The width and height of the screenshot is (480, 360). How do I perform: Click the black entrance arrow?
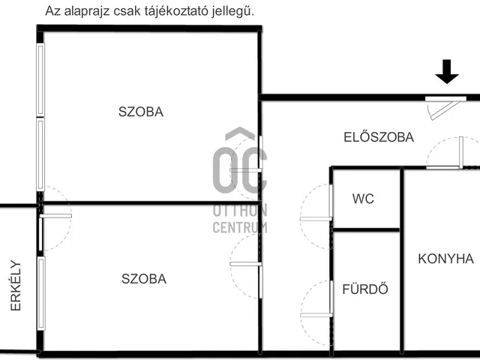[447, 73]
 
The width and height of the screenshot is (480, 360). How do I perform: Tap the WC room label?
[363, 199]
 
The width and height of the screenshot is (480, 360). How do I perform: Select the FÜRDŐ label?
[364, 289]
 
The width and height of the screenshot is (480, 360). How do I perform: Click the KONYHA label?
[445, 259]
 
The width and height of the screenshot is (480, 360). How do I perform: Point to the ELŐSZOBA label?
[378, 137]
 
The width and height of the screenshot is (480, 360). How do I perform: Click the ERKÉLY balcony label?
[16, 286]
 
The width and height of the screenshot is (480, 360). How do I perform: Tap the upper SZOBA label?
[140, 112]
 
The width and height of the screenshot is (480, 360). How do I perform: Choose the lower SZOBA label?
[144, 279]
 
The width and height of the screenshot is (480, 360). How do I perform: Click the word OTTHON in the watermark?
[240, 211]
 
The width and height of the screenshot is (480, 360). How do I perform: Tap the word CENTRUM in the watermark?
[240, 227]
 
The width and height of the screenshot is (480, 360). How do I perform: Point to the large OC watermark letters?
[239, 168]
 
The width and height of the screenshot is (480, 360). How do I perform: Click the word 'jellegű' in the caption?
[233, 11]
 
